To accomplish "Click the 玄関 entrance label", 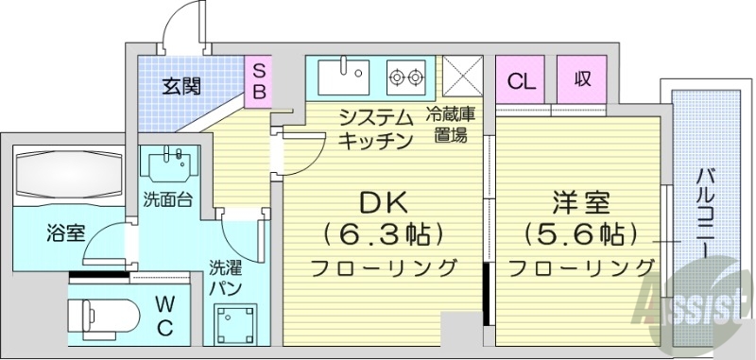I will tap(180, 87).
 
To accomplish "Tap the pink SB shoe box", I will tap(257, 81).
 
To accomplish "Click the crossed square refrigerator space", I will tap(463, 74).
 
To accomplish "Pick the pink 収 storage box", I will tap(581, 79).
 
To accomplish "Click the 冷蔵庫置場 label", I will tap(450, 125).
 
